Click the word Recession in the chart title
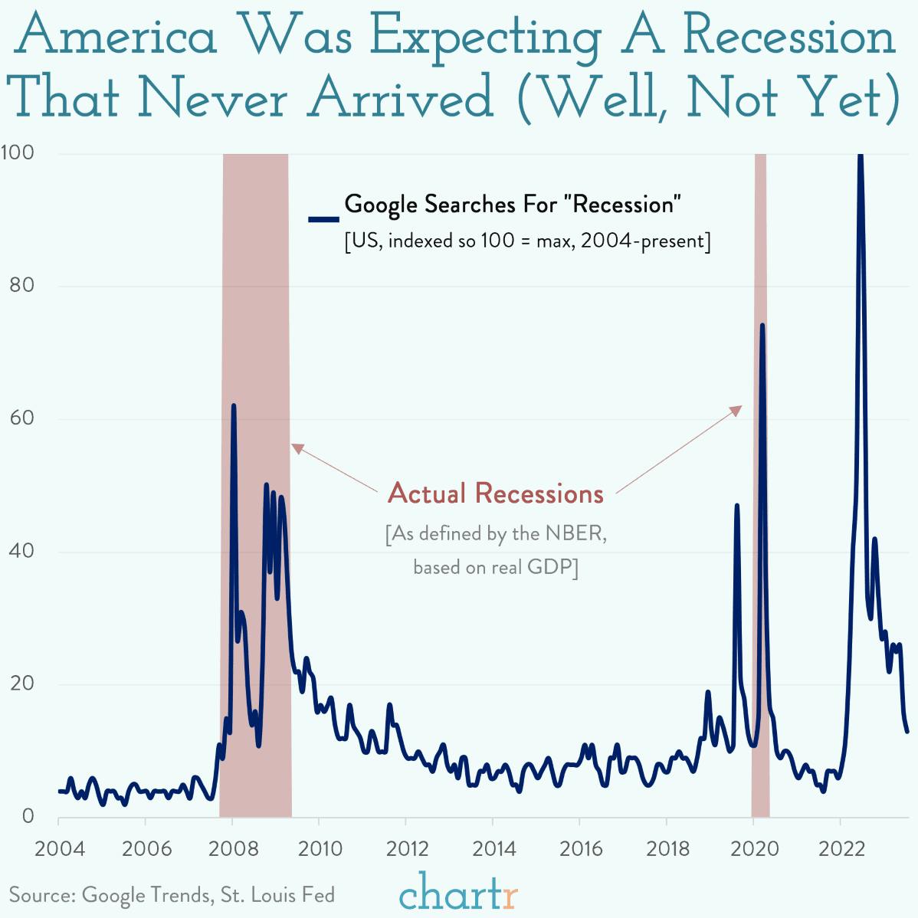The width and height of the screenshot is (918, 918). [789, 36]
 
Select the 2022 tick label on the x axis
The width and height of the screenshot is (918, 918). [841, 848]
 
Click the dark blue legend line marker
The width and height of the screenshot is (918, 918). [323, 219]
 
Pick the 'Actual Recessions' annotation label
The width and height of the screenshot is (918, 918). [496, 493]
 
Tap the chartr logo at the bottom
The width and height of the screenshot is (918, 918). [458, 891]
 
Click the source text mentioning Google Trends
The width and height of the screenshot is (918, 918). [172, 894]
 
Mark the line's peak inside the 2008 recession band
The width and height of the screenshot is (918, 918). [234, 405]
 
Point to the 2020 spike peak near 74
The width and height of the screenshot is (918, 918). [762, 325]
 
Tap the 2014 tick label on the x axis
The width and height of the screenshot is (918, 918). [493, 848]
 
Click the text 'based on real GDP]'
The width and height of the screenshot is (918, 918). [495, 567]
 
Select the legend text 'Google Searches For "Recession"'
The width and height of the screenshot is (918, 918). [513, 205]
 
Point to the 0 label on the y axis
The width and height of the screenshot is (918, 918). [28, 816]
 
